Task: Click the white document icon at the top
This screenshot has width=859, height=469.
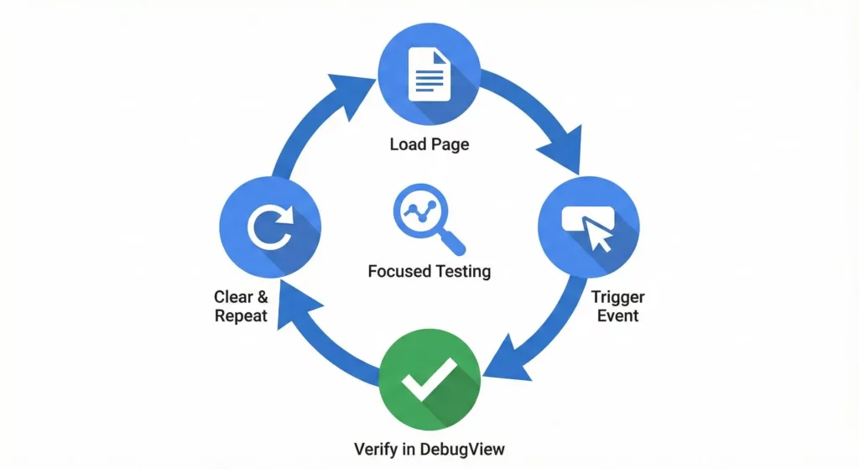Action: point(428,74)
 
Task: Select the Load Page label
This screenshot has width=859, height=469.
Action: point(429,144)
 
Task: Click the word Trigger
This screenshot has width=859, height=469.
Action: point(617,297)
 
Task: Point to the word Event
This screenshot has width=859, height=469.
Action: point(617,316)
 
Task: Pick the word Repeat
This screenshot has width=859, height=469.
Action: point(241,316)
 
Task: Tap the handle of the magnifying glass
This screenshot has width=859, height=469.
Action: point(454,243)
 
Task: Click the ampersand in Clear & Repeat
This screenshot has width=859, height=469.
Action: point(262,297)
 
